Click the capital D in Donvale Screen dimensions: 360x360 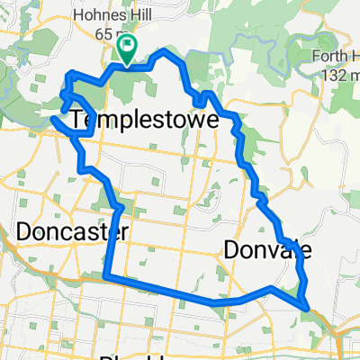(230, 249)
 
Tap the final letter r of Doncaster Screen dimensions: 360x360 (124, 232)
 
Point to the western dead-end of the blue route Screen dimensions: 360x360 (53, 118)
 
